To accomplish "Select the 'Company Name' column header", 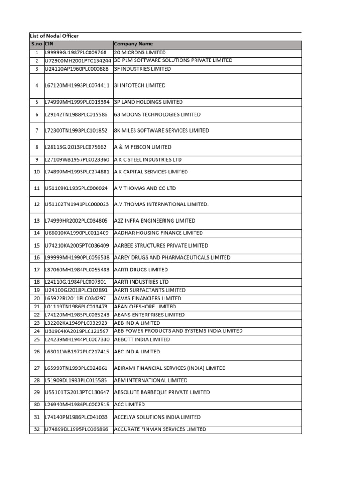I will point(134,44).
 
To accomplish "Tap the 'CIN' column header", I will point(49,44).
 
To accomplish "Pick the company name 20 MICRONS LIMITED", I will point(140,52).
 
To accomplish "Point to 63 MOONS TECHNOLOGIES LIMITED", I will point(157,114).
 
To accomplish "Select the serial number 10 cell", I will point(37,172).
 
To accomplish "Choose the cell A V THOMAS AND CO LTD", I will point(145,188).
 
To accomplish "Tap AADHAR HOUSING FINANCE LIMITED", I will point(158,233).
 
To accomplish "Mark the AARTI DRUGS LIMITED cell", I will point(141,270).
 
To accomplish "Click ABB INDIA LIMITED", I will point(137,323).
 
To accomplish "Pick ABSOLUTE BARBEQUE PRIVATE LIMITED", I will point(162,392).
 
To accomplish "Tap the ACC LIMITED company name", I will point(129,405).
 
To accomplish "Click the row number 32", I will point(37,429).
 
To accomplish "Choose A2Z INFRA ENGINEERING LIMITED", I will point(155,221).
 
